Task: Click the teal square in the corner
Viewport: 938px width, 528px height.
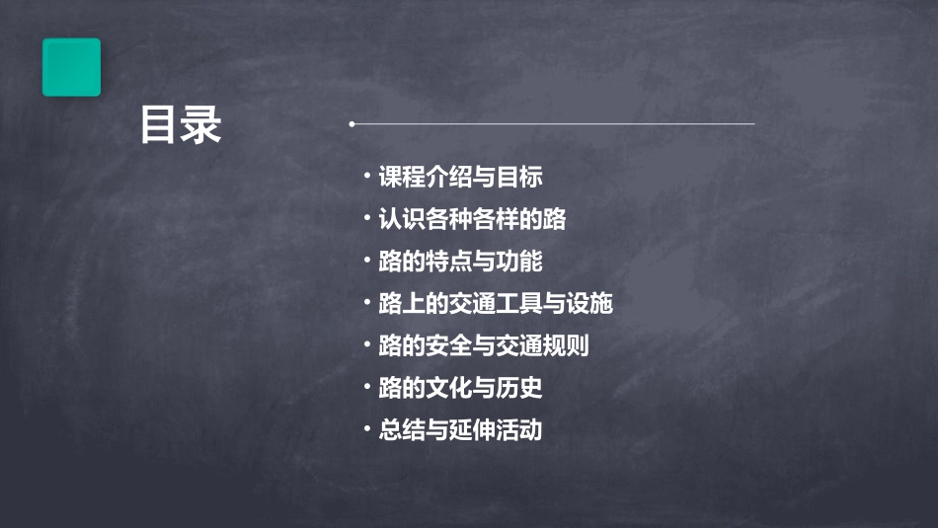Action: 71,67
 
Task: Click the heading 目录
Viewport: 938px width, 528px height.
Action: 180,126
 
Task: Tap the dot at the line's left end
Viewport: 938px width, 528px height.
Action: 352,124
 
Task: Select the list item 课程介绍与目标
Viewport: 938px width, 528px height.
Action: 460,178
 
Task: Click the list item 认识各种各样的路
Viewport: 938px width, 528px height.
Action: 472,219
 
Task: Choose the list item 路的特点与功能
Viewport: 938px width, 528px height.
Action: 460,262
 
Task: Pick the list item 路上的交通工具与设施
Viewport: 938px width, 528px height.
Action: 496,304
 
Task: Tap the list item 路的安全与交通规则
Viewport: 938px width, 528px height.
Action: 484,346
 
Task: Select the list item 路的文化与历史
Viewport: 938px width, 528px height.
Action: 460,388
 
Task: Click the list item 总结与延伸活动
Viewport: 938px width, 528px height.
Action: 460,430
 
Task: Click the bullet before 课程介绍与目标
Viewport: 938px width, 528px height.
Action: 366,177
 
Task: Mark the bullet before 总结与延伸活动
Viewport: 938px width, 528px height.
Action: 366,429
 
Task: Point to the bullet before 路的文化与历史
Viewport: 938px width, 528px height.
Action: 366,387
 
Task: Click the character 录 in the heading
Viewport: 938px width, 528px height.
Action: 201,126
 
